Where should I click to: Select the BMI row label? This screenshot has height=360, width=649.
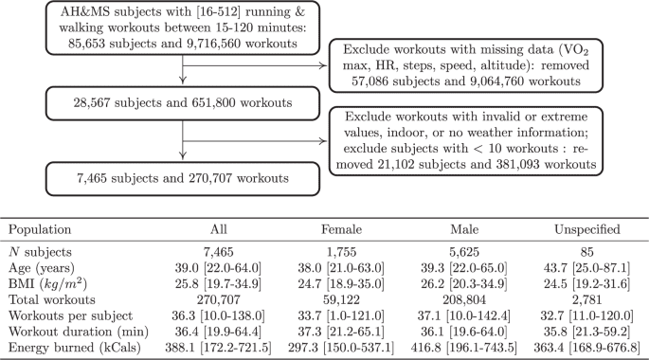click(x=43, y=285)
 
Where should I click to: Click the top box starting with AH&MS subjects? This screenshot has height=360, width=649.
click(x=169, y=30)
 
